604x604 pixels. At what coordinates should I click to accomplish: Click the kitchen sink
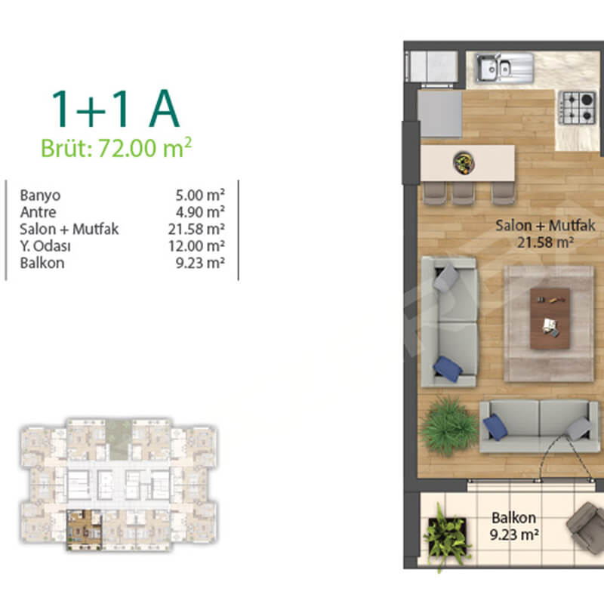tap(504, 68)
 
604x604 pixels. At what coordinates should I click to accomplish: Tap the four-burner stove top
tap(577, 107)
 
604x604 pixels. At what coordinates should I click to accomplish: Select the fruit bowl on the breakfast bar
tap(464, 163)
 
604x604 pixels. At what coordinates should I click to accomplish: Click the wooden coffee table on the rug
tap(550, 319)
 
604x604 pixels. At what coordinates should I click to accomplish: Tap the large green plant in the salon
tap(449, 427)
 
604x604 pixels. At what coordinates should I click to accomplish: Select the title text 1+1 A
tap(116, 109)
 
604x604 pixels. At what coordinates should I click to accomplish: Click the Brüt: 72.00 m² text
tap(116, 147)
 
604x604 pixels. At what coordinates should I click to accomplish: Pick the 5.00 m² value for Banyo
tap(200, 195)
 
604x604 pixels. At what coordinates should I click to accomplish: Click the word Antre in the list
tap(39, 212)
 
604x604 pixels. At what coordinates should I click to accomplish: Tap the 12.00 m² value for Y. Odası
tap(196, 246)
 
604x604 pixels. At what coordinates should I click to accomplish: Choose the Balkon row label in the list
tap(42, 263)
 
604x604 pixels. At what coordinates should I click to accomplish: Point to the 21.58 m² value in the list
tap(196, 230)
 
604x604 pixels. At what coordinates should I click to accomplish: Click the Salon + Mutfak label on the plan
tap(545, 226)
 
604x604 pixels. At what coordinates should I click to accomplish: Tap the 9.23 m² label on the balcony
tap(514, 535)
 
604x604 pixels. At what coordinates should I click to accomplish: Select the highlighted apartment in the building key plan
tap(84, 530)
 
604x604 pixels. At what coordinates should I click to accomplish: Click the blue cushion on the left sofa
tap(448, 368)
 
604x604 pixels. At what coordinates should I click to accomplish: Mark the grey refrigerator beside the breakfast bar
tap(440, 113)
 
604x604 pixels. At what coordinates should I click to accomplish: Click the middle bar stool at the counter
tap(463, 193)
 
